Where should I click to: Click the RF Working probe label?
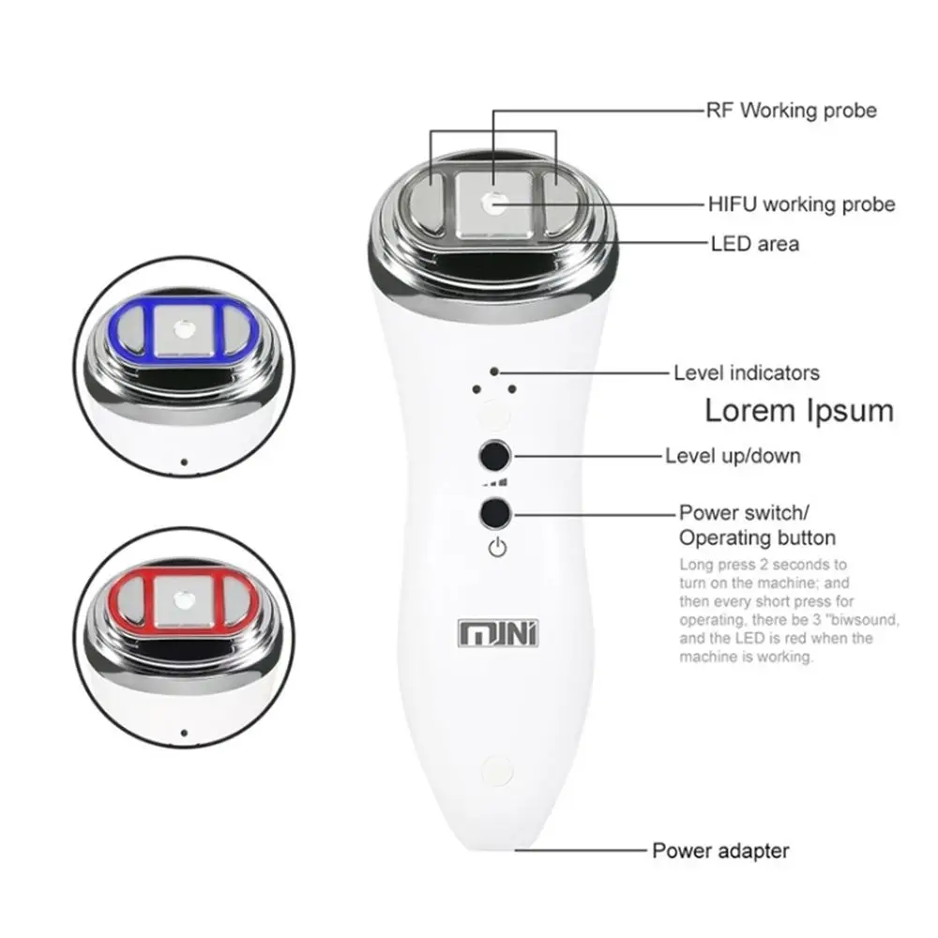pyautogui.click(x=791, y=111)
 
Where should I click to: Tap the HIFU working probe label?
pyautogui.click(x=800, y=204)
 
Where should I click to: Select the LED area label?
pyautogui.click(x=755, y=244)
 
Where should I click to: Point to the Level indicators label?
pyautogui.click(x=746, y=373)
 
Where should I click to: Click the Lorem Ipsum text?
pyautogui.click(x=799, y=411)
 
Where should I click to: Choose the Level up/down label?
pyautogui.click(x=733, y=457)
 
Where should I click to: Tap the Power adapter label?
pyautogui.click(x=720, y=852)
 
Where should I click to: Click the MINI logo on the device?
pyautogui.click(x=498, y=634)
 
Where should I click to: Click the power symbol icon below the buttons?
pyautogui.click(x=497, y=549)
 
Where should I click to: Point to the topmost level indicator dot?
pyautogui.click(x=494, y=372)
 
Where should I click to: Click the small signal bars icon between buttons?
pyautogui.click(x=495, y=483)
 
